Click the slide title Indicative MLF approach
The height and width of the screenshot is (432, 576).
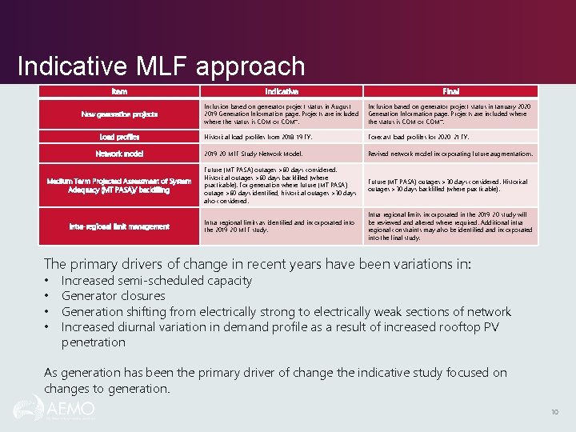(x=161, y=66)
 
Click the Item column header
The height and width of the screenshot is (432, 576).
(x=119, y=92)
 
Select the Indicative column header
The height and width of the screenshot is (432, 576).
(x=282, y=92)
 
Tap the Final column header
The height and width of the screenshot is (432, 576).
(x=450, y=92)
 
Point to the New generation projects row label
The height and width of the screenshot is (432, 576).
(x=119, y=114)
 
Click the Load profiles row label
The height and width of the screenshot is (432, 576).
(x=119, y=137)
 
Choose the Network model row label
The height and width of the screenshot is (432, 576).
(x=119, y=154)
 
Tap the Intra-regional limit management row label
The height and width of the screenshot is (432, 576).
(x=119, y=226)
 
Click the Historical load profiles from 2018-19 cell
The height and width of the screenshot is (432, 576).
(x=257, y=137)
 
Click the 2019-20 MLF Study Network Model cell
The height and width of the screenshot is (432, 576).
(x=254, y=154)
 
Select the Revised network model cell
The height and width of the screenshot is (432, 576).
(x=450, y=154)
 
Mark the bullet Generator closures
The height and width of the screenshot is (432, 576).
(x=113, y=296)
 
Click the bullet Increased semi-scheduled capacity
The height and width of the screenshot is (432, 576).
(x=156, y=281)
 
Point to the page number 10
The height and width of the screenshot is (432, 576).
(x=554, y=412)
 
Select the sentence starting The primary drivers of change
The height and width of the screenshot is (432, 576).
(x=258, y=264)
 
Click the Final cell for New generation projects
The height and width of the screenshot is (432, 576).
(x=450, y=114)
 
